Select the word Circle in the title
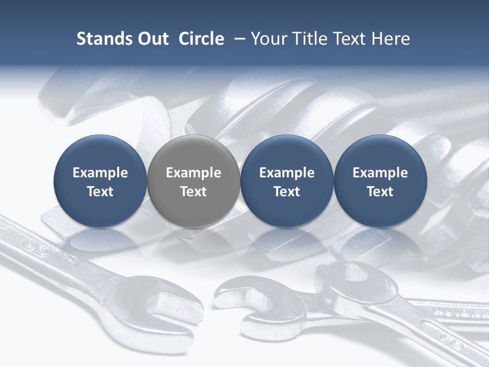click(x=201, y=39)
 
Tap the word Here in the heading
click(x=391, y=39)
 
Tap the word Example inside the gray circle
click(x=193, y=173)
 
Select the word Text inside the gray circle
click(x=193, y=192)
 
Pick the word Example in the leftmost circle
click(x=100, y=173)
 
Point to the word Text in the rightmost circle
click(x=380, y=192)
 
